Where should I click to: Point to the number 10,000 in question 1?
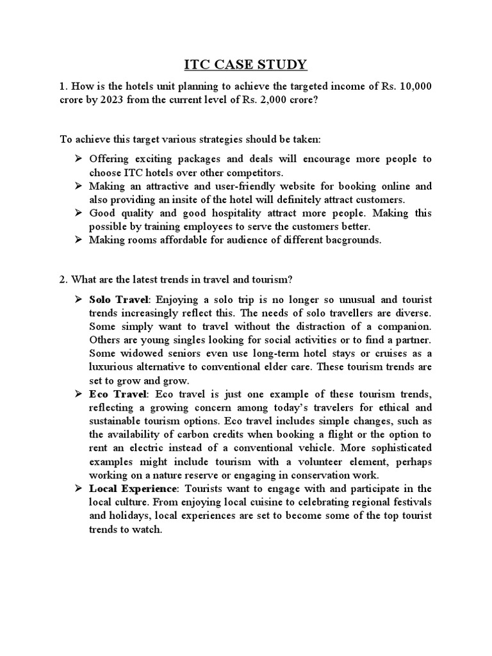(416, 87)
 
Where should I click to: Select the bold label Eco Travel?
(119, 393)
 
